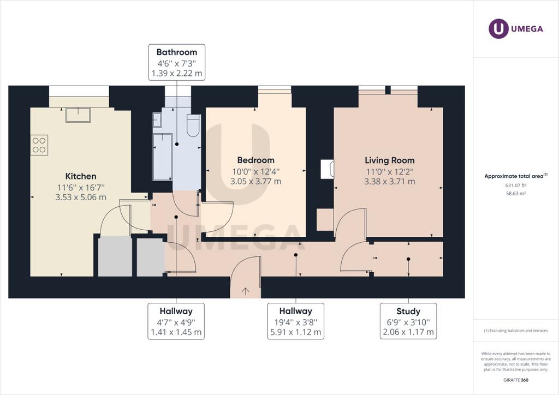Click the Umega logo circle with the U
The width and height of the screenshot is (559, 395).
[x=498, y=28]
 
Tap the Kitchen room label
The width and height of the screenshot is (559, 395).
[x=81, y=176]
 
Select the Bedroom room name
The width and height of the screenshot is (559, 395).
[x=255, y=160]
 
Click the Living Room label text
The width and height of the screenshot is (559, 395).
[x=389, y=160]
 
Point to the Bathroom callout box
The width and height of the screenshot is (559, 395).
[x=177, y=62]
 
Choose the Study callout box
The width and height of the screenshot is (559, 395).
[x=408, y=321]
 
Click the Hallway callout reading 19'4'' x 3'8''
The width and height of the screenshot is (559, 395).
[x=295, y=321]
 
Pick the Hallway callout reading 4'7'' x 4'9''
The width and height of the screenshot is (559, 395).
[x=176, y=321]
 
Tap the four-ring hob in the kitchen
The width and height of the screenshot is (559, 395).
[x=39, y=145]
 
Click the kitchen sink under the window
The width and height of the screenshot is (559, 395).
[x=78, y=115]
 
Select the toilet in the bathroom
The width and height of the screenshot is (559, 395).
[x=193, y=125]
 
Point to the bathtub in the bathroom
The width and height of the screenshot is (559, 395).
[x=163, y=157]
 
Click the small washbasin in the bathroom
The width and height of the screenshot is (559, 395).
[x=157, y=119]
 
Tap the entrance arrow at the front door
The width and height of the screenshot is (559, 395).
[x=245, y=291]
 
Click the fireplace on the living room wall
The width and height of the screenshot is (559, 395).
[x=328, y=169]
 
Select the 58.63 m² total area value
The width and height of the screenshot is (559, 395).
[x=516, y=193]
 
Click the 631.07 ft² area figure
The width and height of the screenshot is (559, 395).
[x=516, y=185]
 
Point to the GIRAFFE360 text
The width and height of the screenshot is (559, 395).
[x=516, y=380]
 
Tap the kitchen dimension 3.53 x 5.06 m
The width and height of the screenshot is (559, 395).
[x=81, y=197]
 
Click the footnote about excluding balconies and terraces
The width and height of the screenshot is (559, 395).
[x=516, y=331]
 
